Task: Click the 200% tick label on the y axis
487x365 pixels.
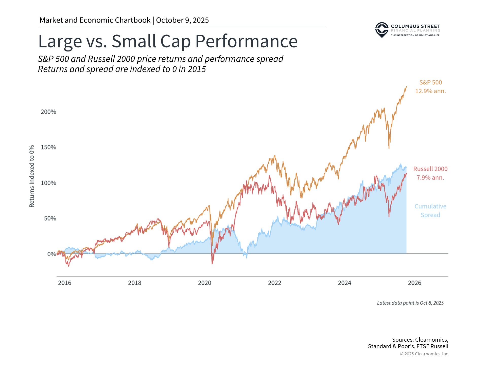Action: [x=48, y=112]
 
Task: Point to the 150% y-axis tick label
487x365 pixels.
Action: [x=48, y=147]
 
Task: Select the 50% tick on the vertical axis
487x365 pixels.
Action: [x=50, y=218]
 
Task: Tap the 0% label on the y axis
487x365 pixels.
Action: [x=51, y=254]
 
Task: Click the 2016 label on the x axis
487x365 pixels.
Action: [x=64, y=283]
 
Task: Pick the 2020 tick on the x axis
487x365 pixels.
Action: [x=204, y=283]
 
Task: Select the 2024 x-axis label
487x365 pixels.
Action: [x=344, y=283]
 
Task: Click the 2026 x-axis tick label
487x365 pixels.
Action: [x=414, y=283]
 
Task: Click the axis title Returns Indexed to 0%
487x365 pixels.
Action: [x=32, y=176]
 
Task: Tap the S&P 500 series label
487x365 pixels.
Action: [x=430, y=82]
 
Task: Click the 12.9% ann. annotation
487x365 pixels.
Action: [x=430, y=91]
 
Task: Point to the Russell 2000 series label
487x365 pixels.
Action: [x=430, y=169]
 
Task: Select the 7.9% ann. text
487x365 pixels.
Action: [x=430, y=177]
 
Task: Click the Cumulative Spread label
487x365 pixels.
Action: [x=430, y=210]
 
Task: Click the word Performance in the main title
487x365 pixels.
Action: [x=246, y=41]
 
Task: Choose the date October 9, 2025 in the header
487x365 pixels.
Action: [x=182, y=20]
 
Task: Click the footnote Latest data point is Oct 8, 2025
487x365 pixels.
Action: [x=410, y=303]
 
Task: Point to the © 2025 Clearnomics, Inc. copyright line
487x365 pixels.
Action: [x=424, y=354]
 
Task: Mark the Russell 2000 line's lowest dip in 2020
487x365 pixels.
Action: [x=212, y=264]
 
